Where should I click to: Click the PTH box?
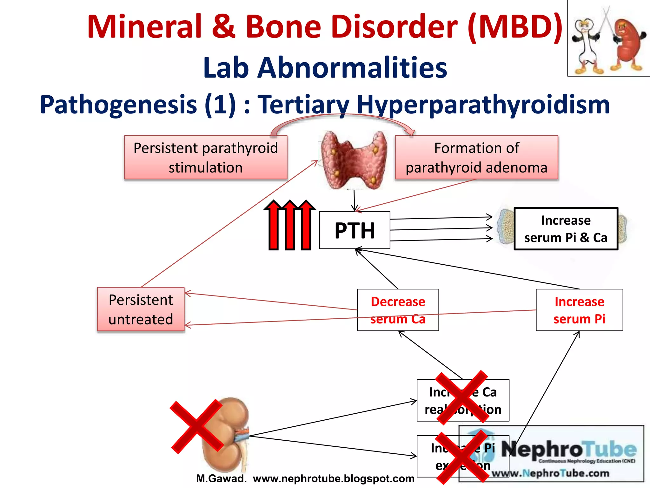coord(355,230)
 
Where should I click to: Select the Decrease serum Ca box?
coord(398,310)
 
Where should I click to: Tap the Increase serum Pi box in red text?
coord(579,310)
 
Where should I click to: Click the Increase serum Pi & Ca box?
coord(566,229)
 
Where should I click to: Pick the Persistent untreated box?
coord(141,309)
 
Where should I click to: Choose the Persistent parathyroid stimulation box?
coord(206,158)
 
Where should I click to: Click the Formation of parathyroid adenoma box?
coord(476,158)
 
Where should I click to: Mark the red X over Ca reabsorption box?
coord(462,397)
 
